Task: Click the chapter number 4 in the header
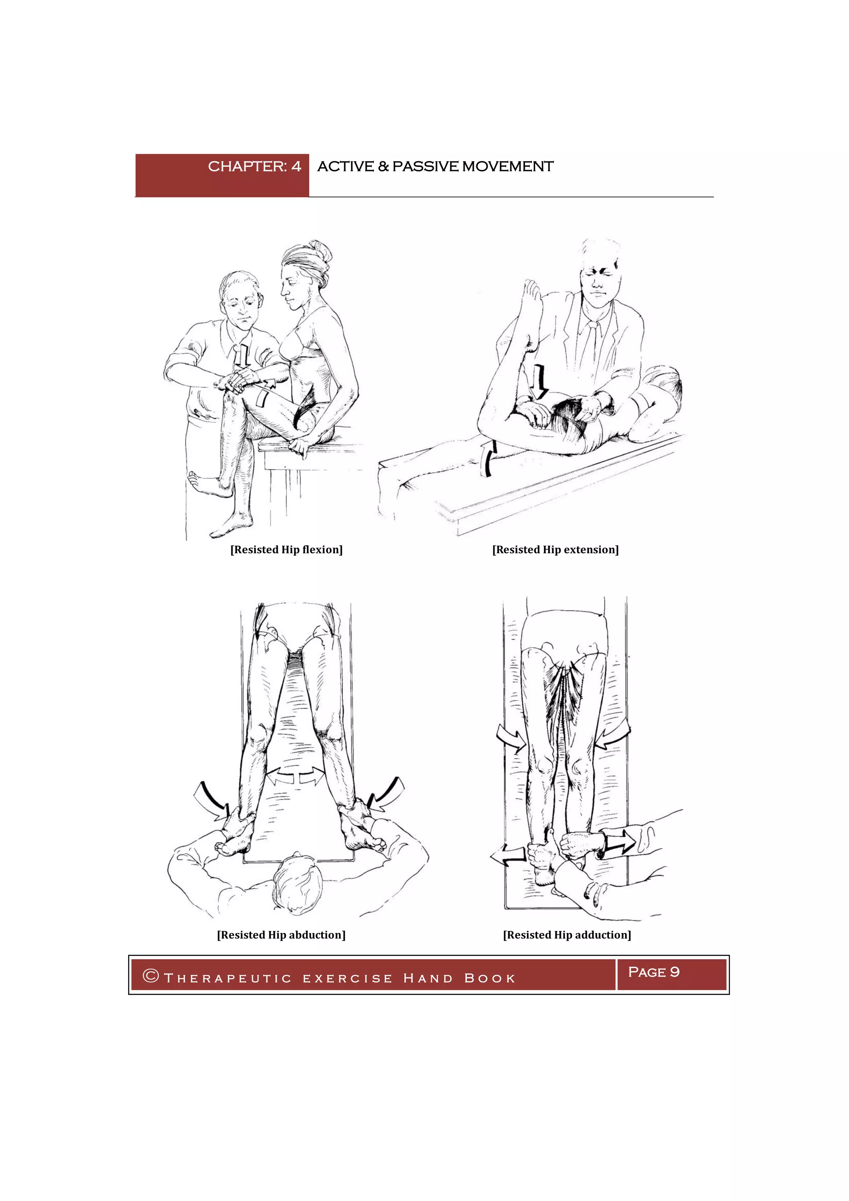click(296, 166)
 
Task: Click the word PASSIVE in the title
click(425, 166)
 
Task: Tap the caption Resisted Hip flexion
click(286, 549)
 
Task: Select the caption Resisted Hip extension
click(555, 549)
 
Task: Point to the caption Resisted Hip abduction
click(281, 935)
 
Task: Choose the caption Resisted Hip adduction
click(567, 935)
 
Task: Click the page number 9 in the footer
click(674, 972)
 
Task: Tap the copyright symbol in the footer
click(150, 975)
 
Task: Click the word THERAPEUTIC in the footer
click(228, 978)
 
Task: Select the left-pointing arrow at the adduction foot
click(508, 855)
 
